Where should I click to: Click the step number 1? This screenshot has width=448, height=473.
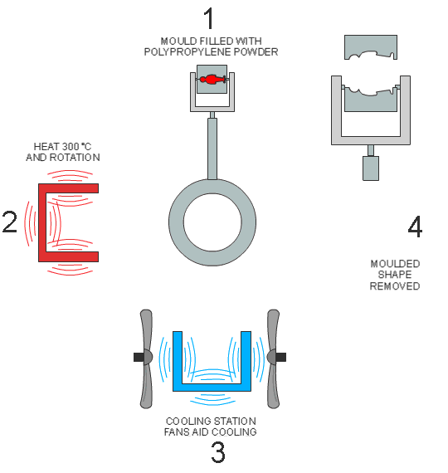point(209,18)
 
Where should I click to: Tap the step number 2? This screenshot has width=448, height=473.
point(10,222)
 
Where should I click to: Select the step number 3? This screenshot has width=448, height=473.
point(218,452)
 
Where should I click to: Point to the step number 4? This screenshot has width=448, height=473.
point(415,227)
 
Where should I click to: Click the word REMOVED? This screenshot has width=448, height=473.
point(395,286)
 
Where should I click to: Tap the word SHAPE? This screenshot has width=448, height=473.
point(395,275)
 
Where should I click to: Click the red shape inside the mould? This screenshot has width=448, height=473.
point(212,80)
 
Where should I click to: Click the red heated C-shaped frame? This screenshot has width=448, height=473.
point(42,222)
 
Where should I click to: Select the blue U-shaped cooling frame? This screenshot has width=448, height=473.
point(212,388)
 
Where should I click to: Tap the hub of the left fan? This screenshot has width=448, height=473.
point(147,357)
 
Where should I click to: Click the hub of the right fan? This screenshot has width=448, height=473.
point(272,357)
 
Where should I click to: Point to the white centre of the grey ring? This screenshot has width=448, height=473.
point(212,222)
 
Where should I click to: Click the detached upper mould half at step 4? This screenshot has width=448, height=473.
point(371,46)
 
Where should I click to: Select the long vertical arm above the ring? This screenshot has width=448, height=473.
point(212,149)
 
